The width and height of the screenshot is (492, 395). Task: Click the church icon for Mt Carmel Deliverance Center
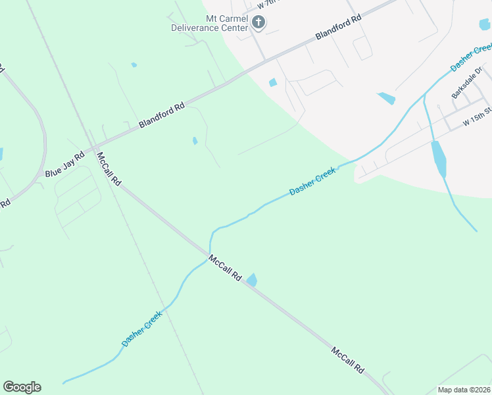pos(258,22)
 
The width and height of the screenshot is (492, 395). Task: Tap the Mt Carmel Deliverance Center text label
pos(209,23)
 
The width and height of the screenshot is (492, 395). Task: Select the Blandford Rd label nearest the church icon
pos(338,28)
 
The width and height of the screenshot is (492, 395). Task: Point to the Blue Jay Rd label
pos(64,165)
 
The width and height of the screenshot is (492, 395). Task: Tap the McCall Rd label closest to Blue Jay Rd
pos(109,169)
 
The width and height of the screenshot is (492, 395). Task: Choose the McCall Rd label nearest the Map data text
pos(347,360)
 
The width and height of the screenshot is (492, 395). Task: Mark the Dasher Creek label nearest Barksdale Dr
pos(471,57)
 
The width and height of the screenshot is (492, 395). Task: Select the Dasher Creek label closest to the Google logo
pos(141,329)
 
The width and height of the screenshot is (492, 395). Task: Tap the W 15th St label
pos(477,117)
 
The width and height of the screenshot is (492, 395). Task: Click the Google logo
pos(22,387)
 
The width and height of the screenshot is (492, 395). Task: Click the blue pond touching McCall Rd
pos(251,280)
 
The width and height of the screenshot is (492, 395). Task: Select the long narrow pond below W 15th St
pos(438,158)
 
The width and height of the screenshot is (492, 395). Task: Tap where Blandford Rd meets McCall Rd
pos(93,147)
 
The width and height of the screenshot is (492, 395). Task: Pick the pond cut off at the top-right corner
pos(485,24)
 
